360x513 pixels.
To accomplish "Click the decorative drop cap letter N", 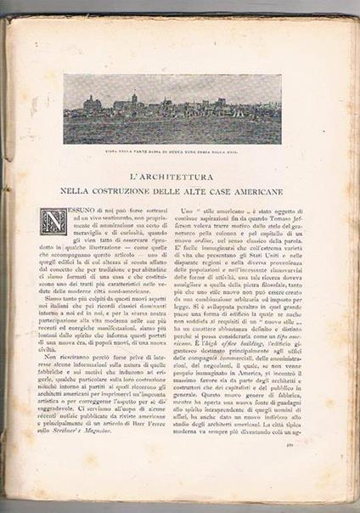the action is (x=54, y=223).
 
